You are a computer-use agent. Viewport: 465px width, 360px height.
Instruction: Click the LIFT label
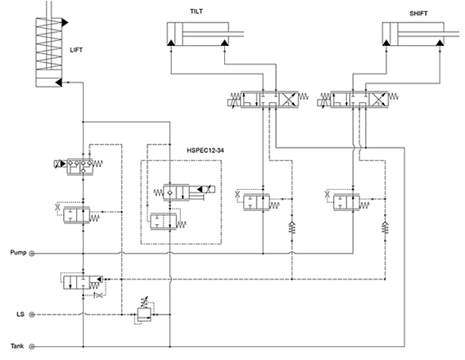[76, 50]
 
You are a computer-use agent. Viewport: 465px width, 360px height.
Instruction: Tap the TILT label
[196, 11]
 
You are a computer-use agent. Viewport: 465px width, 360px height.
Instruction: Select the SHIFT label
[418, 14]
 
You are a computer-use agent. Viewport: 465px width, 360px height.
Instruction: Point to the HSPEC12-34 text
[205, 151]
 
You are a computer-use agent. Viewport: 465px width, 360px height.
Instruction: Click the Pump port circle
[32, 254]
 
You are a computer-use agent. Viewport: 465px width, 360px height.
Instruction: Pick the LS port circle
[32, 315]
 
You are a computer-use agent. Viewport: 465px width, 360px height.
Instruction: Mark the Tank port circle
[32, 346]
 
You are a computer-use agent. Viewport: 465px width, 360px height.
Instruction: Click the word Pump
[18, 253]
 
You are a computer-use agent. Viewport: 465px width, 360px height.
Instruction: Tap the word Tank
[17, 346]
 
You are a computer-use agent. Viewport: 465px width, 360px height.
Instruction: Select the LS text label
[20, 314]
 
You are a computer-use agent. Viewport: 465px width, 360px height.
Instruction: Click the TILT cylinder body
[197, 34]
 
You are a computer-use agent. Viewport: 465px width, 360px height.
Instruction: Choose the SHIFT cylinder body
[413, 34]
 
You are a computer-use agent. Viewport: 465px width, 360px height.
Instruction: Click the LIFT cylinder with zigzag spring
[49, 52]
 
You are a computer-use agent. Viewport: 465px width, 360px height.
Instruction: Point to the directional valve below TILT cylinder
[268, 99]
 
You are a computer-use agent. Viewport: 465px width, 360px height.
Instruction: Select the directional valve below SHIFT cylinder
[358, 99]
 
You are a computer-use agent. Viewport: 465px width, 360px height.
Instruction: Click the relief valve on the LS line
[144, 313]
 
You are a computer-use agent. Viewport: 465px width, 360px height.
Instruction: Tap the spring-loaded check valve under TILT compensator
[291, 227]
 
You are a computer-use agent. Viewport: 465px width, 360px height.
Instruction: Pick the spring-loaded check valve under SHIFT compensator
[385, 227]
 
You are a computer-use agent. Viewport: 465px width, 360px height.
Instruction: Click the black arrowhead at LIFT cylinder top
[65, 22]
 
